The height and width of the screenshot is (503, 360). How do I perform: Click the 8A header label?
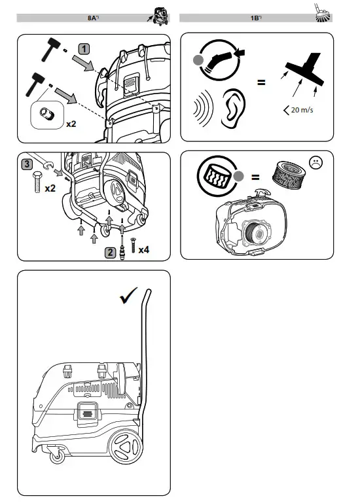[x=93, y=18]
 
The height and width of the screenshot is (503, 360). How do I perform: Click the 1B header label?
[x=256, y=18]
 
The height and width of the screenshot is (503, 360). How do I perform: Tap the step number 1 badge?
[x=84, y=49]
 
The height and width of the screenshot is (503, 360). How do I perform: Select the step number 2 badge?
[x=110, y=252]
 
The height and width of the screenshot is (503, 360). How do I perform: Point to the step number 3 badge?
[x=27, y=164]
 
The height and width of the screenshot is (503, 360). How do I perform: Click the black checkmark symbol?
[x=128, y=296]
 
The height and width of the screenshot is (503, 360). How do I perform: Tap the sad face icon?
[x=315, y=163]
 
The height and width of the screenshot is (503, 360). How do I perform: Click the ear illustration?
[x=234, y=109]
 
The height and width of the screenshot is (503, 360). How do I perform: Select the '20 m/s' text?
[x=302, y=110]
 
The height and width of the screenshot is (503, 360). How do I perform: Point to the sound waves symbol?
[x=203, y=108]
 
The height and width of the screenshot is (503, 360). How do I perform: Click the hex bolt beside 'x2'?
[x=37, y=182]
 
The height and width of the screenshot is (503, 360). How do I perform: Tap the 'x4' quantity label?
[x=143, y=250]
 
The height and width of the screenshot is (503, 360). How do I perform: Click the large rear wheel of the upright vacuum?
[x=126, y=446]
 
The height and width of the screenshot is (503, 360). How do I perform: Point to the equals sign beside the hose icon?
[x=261, y=82]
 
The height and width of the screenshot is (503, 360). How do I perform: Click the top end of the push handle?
[x=149, y=290]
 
